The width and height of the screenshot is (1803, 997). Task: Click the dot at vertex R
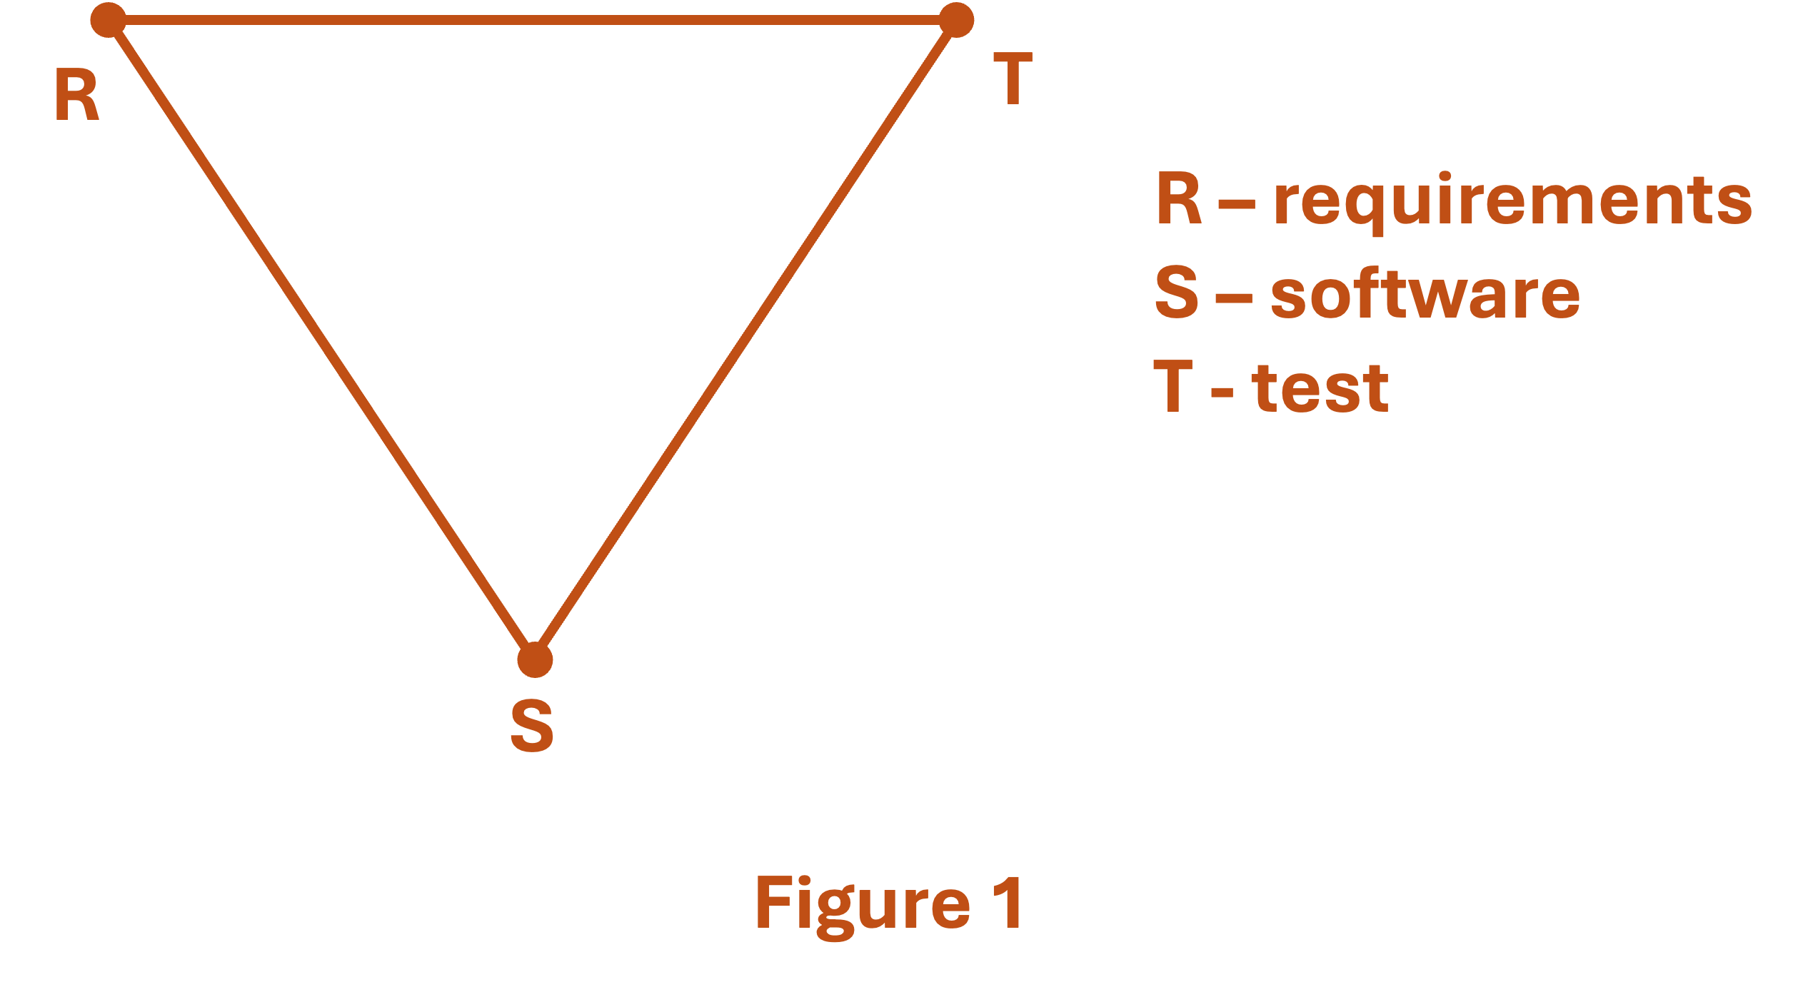coord(109,20)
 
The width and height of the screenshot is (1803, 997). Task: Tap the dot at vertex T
coord(956,20)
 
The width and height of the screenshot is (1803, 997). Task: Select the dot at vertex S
coord(535,659)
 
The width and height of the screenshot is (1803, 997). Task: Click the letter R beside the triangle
coord(76,95)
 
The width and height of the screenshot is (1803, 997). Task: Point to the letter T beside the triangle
coord(1013,79)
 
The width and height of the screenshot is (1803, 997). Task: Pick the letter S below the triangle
coord(532,726)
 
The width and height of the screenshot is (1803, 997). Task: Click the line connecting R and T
coord(532,20)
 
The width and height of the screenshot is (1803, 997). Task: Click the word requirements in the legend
coord(1513,201)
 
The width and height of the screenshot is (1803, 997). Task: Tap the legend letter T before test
coord(1173,385)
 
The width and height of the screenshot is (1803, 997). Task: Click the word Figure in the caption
coord(863,903)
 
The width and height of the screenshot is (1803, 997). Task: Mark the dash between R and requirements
coord(1237,205)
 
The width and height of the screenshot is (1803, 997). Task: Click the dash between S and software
coord(1234,298)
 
